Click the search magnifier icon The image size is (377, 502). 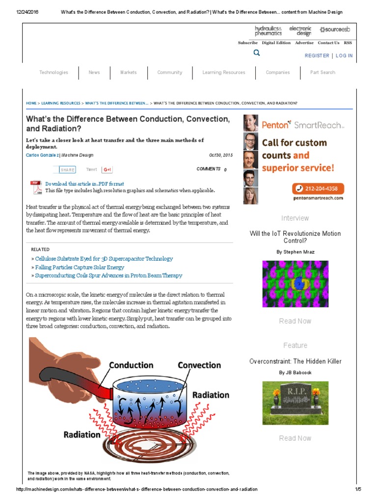tap(256, 53)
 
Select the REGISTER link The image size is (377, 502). tap(317, 56)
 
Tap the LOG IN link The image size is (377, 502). tap(344, 56)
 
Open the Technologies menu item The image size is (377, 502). tap(54, 73)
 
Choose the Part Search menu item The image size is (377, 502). tap(323, 73)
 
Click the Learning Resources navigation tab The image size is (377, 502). tap(223, 73)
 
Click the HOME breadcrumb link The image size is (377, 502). tap(31, 103)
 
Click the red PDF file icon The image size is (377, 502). tap(36, 187)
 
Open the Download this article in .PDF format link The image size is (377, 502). tap(84, 184)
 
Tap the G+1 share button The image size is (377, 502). tap(107, 170)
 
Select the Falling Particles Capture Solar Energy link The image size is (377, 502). tap(80, 267)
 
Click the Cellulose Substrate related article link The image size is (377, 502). tap(104, 258)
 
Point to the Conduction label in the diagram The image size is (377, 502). tap(131, 365)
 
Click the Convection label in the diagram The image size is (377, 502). tap(199, 365)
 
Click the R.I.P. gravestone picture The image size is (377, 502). tap(295, 403)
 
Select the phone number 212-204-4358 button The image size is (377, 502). tap(319, 188)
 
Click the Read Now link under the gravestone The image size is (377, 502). tap(295, 438)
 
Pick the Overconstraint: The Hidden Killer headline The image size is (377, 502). tap(295, 361)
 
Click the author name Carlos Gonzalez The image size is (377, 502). tap(42, 155)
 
